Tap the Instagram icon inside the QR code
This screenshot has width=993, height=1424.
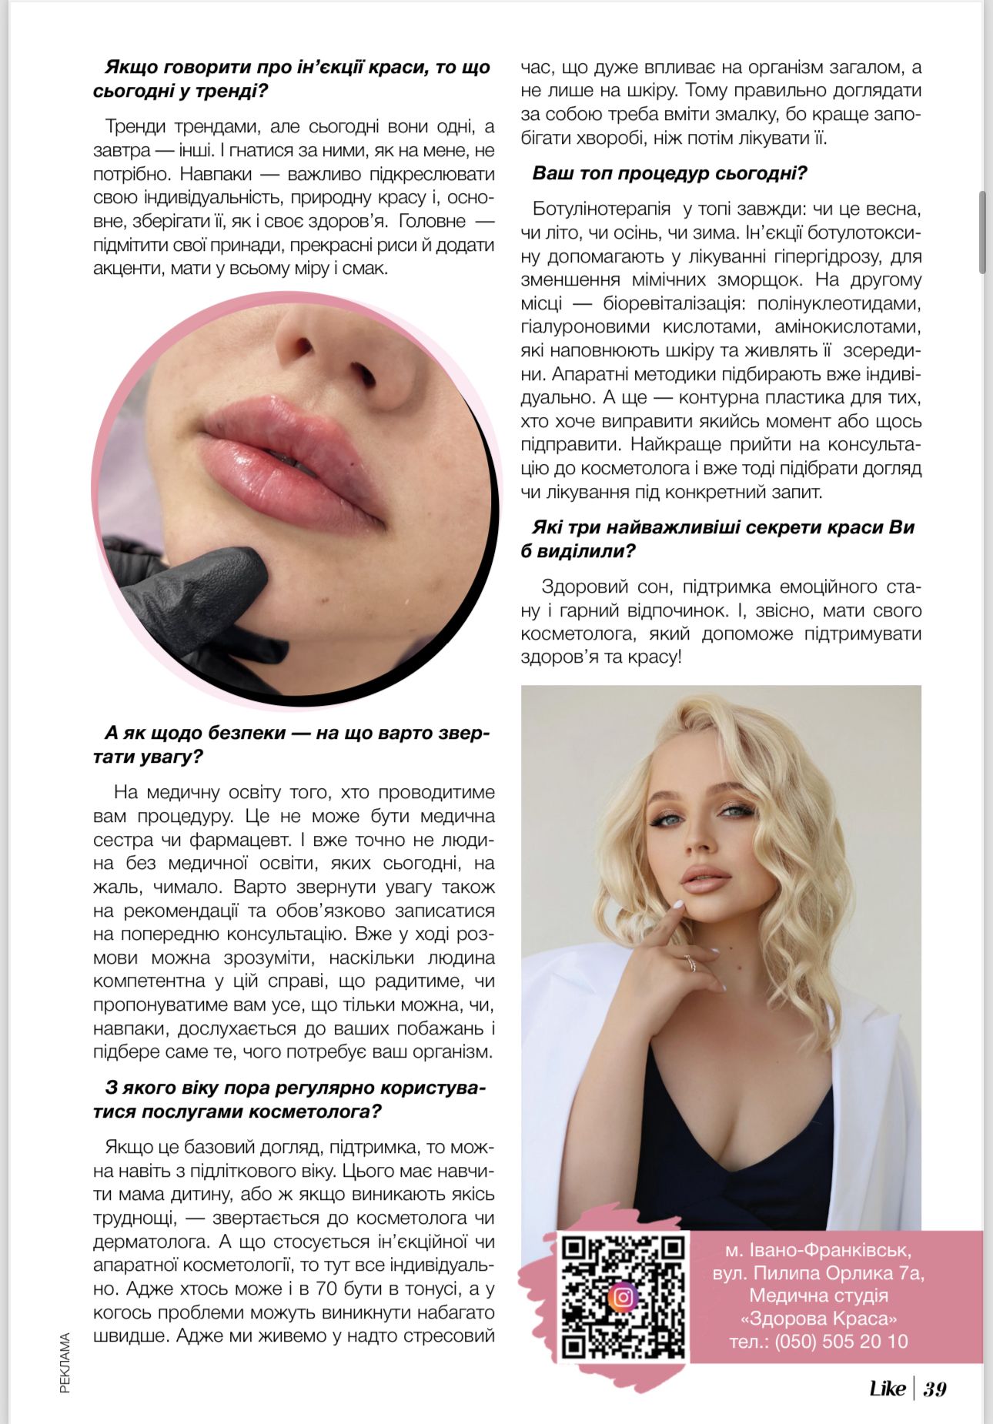pos(623,1298)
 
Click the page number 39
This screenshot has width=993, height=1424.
pos(934,1389)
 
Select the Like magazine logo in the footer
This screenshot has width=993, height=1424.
pos(887,1389)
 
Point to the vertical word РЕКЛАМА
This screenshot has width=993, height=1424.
pos(65,1363)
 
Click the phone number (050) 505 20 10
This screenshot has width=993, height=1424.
pos(818,1342)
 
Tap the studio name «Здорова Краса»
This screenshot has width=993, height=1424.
pos(818,1319)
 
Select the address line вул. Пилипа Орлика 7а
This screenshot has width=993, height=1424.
pos(818,1273)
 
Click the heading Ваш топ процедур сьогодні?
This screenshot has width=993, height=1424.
pos(669,173)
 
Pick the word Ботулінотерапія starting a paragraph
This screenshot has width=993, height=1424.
pos(590,209)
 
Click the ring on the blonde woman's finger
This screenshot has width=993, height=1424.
pos(690,962)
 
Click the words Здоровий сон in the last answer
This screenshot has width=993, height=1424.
pos(595,587)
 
